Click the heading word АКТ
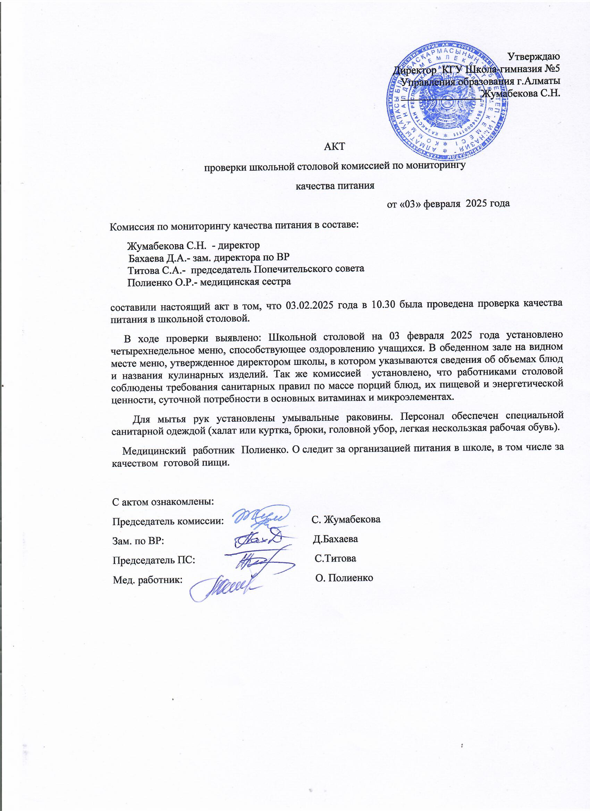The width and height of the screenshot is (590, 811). click(x=334, y=146)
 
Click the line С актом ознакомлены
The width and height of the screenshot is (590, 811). click(x=163, y=501)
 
